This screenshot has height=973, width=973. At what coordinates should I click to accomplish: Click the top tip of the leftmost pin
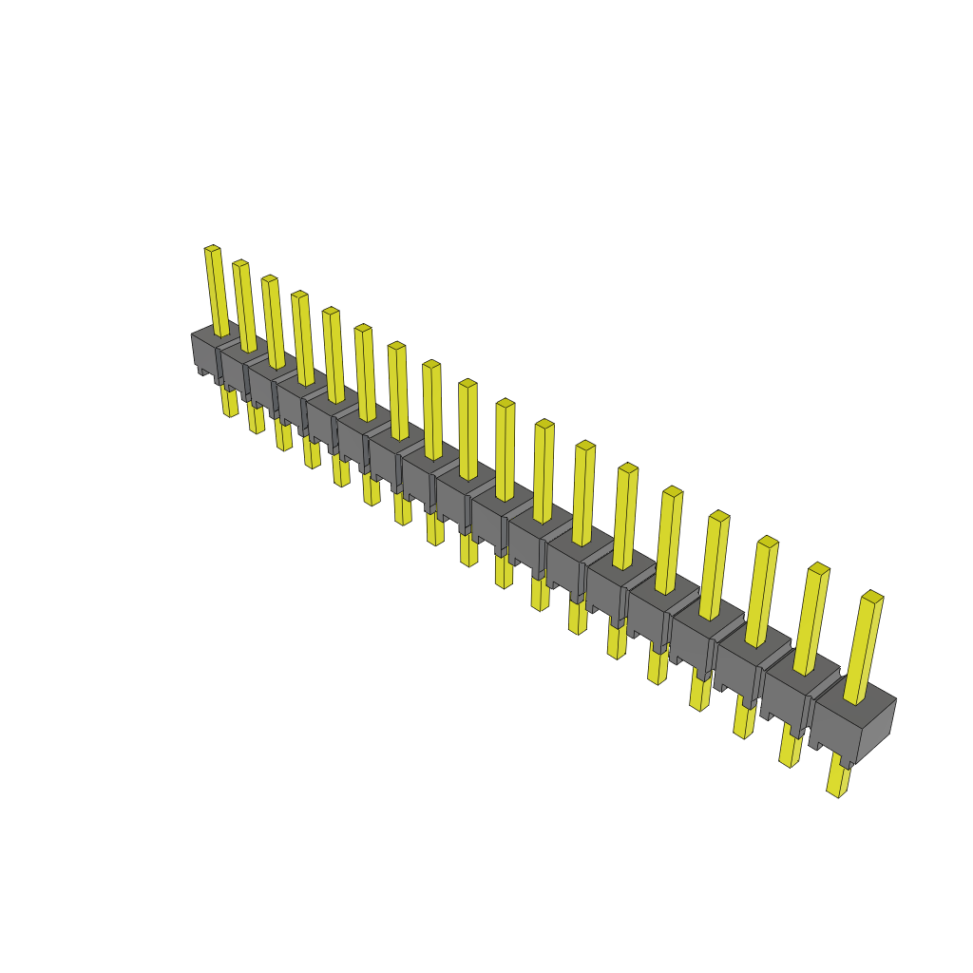pos(212,249)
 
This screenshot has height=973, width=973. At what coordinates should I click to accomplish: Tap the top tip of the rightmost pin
pos(872,596)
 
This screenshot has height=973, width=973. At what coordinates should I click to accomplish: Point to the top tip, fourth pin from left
pos(299,295)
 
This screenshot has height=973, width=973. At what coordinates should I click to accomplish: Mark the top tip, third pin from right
pos(768,541)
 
